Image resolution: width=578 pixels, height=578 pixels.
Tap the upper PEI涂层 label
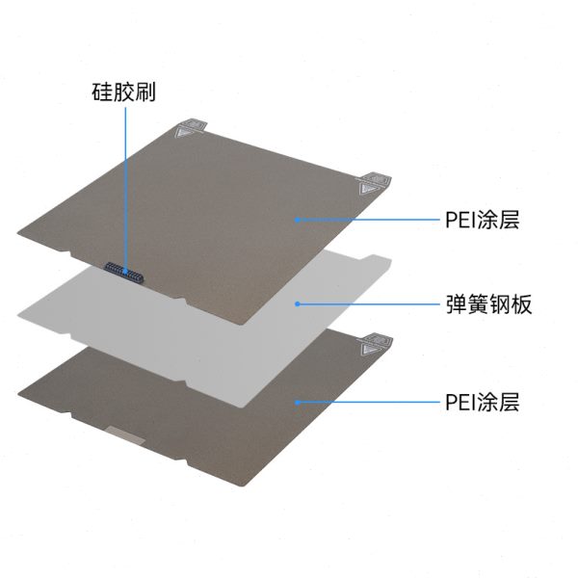(x=483, y=220)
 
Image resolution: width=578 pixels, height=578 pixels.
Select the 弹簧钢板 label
(x=489, y=305)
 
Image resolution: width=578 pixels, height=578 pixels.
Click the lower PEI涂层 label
(x=483, y=402)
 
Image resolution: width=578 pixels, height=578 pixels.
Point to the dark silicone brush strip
(x=125, y=274)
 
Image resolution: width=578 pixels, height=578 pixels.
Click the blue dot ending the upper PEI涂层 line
(x=297, y=220)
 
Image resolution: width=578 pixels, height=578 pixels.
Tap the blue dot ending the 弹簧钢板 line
(x=299, y=304)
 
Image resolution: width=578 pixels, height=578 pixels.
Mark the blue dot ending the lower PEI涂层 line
(x=298, y=402)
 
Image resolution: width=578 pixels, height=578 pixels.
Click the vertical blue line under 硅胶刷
(x=125, y=183)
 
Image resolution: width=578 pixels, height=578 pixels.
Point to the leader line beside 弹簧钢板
(x=366, y=304)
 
